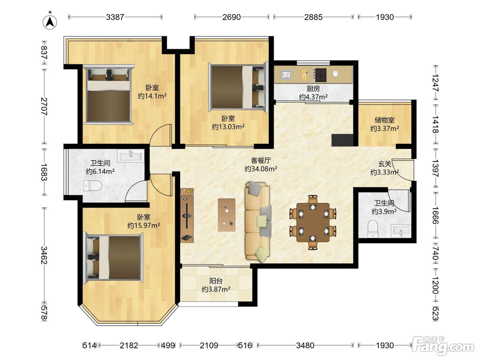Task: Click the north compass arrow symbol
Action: [x=50, y=22]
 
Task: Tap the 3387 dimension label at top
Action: [x=115, y=17]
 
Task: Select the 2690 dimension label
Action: [x=231, y=17]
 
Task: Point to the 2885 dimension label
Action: [x=313, y=17]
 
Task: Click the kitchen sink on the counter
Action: [x=286, y=74]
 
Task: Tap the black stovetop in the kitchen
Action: [x=320, y=75]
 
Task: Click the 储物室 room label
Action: [x=385, y=120]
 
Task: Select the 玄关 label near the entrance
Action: [x=385, y=164]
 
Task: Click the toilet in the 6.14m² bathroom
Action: [x=93, y=185]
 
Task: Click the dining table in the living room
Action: [x=313, y=222]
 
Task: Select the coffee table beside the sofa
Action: [x=227, y=215]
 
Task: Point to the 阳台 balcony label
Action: [x=216, y=281]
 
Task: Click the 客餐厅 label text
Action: [x=261, y=160]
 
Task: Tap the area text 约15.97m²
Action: [x=144, y=225]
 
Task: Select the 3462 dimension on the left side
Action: [x=44, y=255]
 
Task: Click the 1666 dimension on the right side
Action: [x=435, y=215]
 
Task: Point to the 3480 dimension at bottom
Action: [x=305, y=346]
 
